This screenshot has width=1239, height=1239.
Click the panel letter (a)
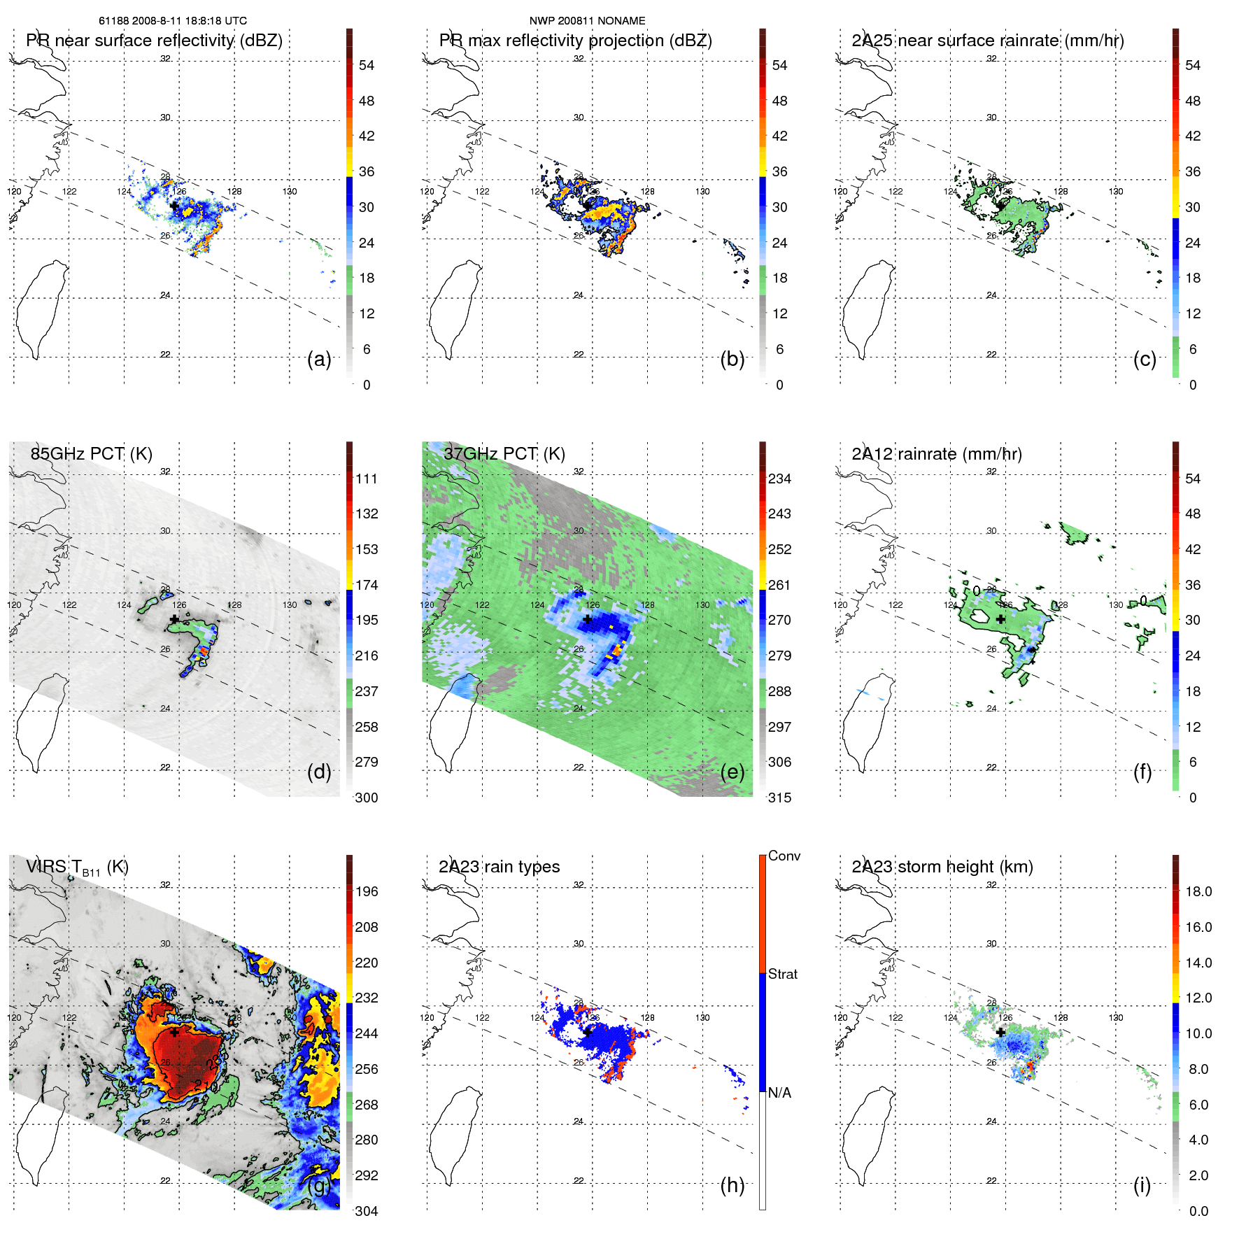[x=319, y=359]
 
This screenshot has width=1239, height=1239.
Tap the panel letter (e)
[x=732, y=772]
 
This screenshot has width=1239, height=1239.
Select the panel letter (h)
[x=732, y=1184]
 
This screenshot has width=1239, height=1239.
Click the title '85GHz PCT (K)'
[x=91, y=453]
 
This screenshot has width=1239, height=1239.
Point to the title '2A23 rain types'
[x=499, y=867]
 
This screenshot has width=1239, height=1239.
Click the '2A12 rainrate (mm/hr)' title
[x=936, y=453]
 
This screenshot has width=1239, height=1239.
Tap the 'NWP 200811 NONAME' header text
[x=587, y=21]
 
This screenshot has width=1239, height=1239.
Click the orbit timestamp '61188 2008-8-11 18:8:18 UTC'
[x=173, y=21]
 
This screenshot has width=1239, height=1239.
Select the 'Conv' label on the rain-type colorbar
[x=784, y=856]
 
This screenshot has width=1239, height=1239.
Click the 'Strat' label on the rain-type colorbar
[x=782, y=974]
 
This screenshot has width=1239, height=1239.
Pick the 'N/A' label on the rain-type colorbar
[x=779, y=1093]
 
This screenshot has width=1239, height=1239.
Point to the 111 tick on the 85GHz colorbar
[x=366, y=479]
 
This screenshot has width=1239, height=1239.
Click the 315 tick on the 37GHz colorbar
[x=779, y=798]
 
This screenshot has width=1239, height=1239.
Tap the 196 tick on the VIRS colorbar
[x=366, y=891]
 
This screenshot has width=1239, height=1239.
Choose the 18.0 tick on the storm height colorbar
[x=1198, y=891]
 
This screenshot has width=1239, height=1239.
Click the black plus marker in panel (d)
[x=174, y=619]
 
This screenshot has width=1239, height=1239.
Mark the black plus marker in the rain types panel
[x=588, y=1032]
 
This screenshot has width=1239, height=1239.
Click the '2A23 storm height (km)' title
[x=942, y=867]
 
